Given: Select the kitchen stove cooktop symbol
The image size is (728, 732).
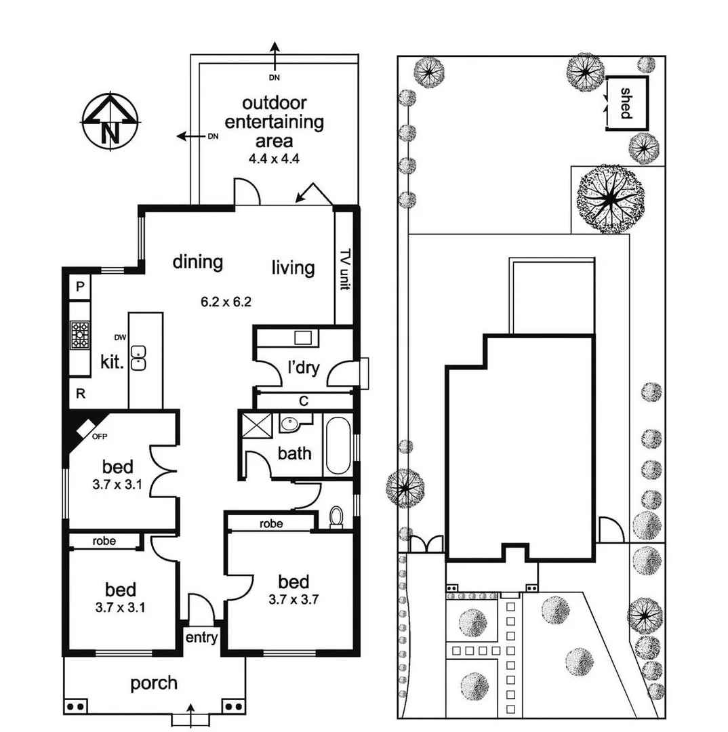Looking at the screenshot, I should pyautogui.click(x=80, y=335).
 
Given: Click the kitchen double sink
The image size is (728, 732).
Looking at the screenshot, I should pyautogui.click(x=139, y=358).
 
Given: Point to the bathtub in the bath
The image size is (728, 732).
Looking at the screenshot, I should pyautogui.click(x=337, y=445).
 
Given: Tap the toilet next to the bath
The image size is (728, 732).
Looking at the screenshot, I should pyautogui.click(x=336, y=518).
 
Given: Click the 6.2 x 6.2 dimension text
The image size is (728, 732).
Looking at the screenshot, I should pyautogui.click(x=226, y=302).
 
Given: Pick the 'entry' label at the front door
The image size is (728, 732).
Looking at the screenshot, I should pyautogui.click(x=201, y=637).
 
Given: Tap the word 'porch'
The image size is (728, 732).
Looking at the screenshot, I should pyautogui.click(x=154, y=683).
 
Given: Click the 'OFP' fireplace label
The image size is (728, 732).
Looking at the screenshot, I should pyautogui.click(x=100, y=436).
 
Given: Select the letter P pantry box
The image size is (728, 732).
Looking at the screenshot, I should pyautogui.click(x=80, y=287).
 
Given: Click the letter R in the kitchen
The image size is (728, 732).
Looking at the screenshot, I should pyautogui.click(x=80, y=394).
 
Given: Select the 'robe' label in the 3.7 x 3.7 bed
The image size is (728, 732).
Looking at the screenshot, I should pyautogui.click(x=271, y=524).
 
